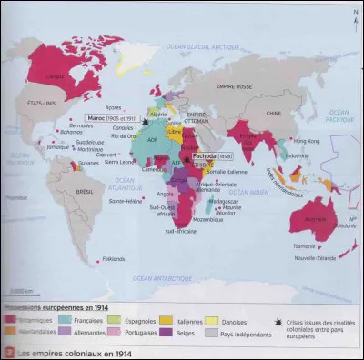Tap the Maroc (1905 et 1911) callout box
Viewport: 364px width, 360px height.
click(114, 117)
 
